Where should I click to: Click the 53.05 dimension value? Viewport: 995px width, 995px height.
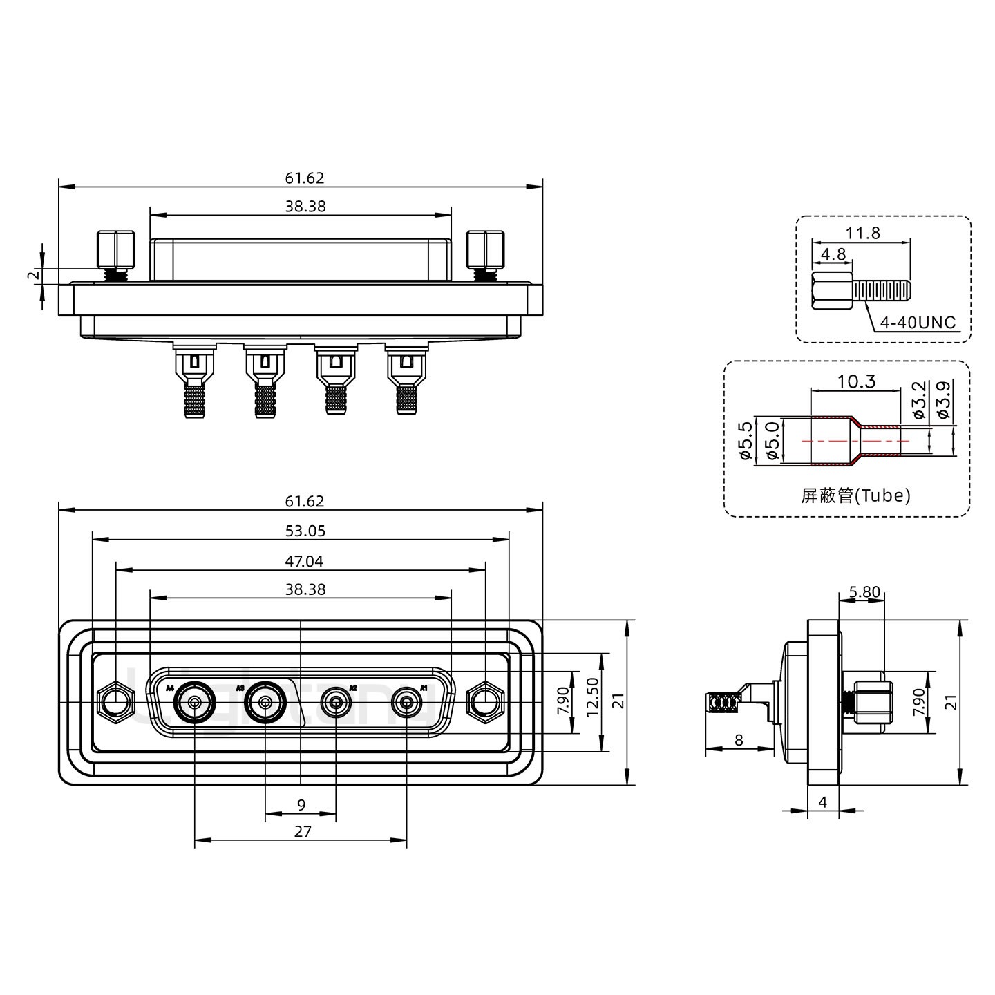pyautogui.click(x=305, y=531)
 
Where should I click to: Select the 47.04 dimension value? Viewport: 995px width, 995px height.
pyautogui.click(x=304, y=561)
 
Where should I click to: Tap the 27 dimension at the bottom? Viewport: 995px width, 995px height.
pyautogui.click(x=303, y=831)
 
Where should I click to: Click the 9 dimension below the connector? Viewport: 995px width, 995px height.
pyautogui.click(x=301, y=805)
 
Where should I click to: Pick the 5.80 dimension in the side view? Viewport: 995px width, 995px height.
pyautogui.click(x=864, y=591)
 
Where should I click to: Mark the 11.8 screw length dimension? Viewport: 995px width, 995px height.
pyautogui.click(x=863, y=233)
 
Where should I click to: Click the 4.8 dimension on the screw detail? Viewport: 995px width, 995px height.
pyautogui.click(x=833, y=254)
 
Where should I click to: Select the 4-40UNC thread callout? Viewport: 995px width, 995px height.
pyautogui.click(x=918, y=323)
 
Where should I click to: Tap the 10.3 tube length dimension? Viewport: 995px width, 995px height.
pyautogui.click(x=856, y=381)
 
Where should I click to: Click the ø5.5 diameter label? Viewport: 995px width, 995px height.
pyautogui.click(x=745, y=441)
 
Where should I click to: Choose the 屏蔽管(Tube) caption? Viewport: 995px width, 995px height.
pyautogui.click(x=855, y=495)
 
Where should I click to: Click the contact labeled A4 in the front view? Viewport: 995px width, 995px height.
pyautogui.click(x=195, y=703)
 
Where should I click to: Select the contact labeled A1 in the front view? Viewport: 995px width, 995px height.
pyautogui.click(x=406, y=703)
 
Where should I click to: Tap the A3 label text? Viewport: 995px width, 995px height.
pyautogui.click(x=240, y=688)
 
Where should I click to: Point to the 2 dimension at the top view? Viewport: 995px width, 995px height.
pyautogui.click(x=31, y=276)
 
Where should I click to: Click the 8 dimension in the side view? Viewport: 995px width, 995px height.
pyautogui.click(x=739, y=740)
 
